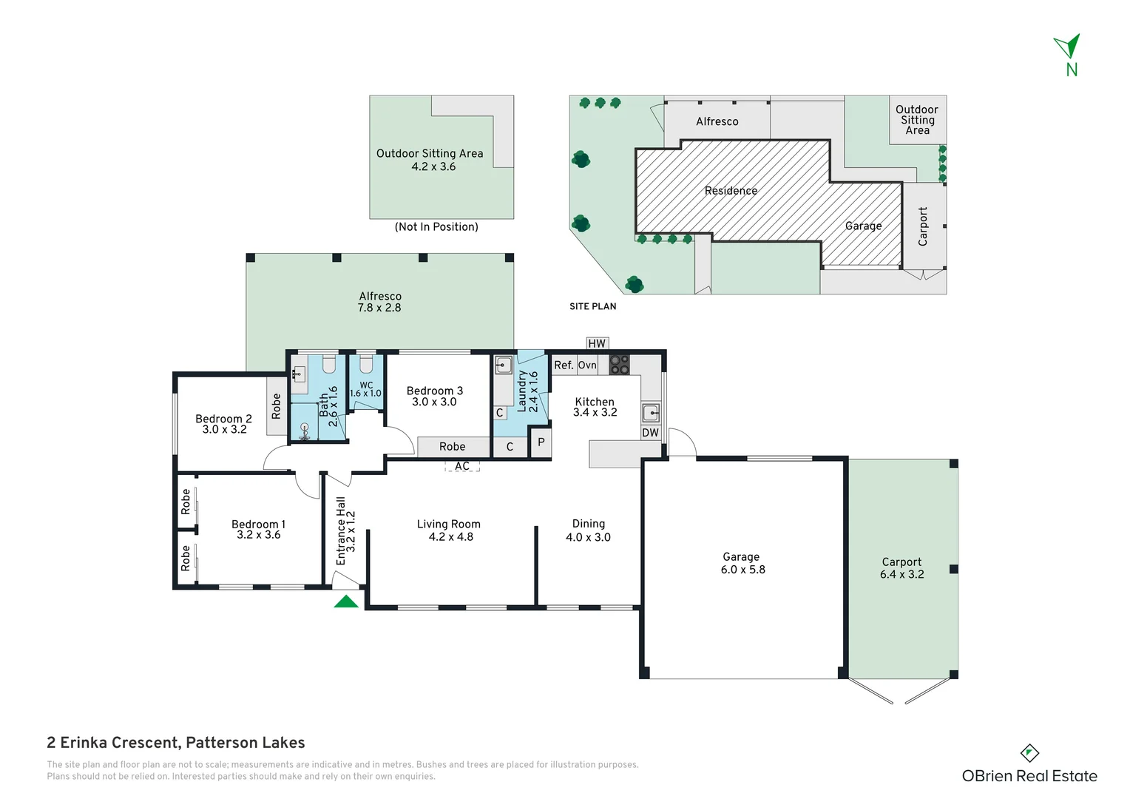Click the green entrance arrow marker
click(346, 601)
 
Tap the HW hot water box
click(598, 343)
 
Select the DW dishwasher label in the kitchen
click(650, 433)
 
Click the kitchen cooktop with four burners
click(619, 365)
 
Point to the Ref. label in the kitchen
click(564, 365)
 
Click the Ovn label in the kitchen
click(587, 365)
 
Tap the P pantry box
click(541, 442)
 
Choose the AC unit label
click(462, 466)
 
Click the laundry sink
click(504, 365)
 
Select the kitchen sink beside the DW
click(651, 413)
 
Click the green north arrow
click(1067, 46)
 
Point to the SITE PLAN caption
click(593, 306)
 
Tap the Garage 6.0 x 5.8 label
click(742, 563)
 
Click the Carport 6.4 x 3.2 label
click(902, 568)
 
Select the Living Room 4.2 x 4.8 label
click(449, 530)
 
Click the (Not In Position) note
click(436, 226)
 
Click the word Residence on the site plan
click(731, 191)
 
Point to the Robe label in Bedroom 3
click(452, 447)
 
